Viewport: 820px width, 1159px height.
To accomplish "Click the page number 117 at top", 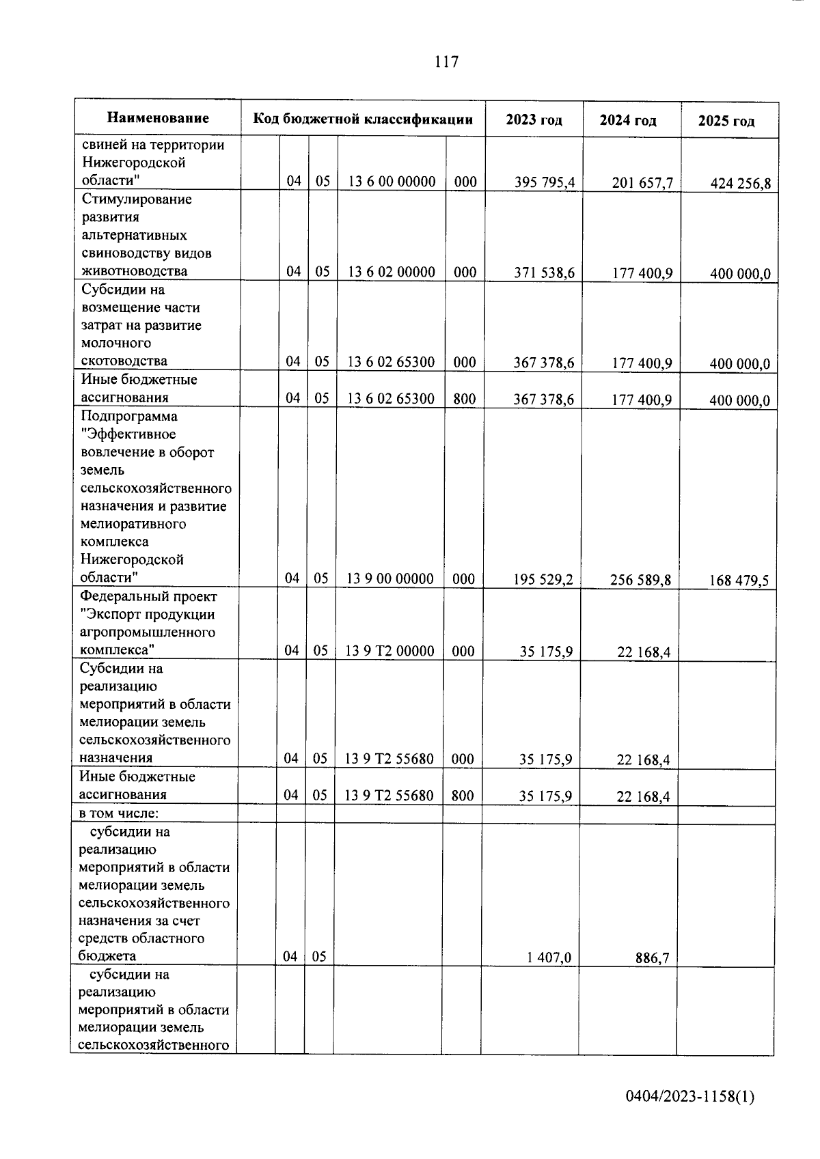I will pyautogui.click(x=446, y=62).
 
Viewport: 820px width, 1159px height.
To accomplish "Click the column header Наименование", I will pyautogui.click(x=158, y=118).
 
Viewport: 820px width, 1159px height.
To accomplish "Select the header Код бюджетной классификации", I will pyautogui.click(x=363, y=120).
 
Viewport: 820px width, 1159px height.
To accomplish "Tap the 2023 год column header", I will pyautogui.click(x=534, y=120).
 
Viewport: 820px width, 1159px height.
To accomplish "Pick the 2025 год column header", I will pyautogui.click(x=726, y=122).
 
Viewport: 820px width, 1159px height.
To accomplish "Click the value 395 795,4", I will pyautogui.click(x=545, y=182).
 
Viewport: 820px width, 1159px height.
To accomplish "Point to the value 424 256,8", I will pyautogui.click(x=740, y=184).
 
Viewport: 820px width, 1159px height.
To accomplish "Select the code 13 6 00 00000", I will pyautogui.click(x=392, y=182).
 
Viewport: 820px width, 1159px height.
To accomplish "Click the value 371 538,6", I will pyautogui.click(x=544, y=273).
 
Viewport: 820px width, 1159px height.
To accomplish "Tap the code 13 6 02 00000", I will pyautogui.click(x=392, y=272).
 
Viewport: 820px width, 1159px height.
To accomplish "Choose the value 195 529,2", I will pyautogui.click(x=543, y=580).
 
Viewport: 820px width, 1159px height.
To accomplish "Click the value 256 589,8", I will pyautogui.click(x=640, y=581).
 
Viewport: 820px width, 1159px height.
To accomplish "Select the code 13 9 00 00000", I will pyautogui.click(x=390, y=579).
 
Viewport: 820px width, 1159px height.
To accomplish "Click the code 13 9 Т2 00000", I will pyautogui.click(x=389, y=651).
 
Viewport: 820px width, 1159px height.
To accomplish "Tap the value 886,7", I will pyautogui.click(x=652, y=959).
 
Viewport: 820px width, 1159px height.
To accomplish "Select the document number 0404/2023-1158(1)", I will pyautogui.click(x=690, y=1097).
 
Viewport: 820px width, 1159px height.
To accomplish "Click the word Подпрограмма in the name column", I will pyautogui.click(x=128, y=417).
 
